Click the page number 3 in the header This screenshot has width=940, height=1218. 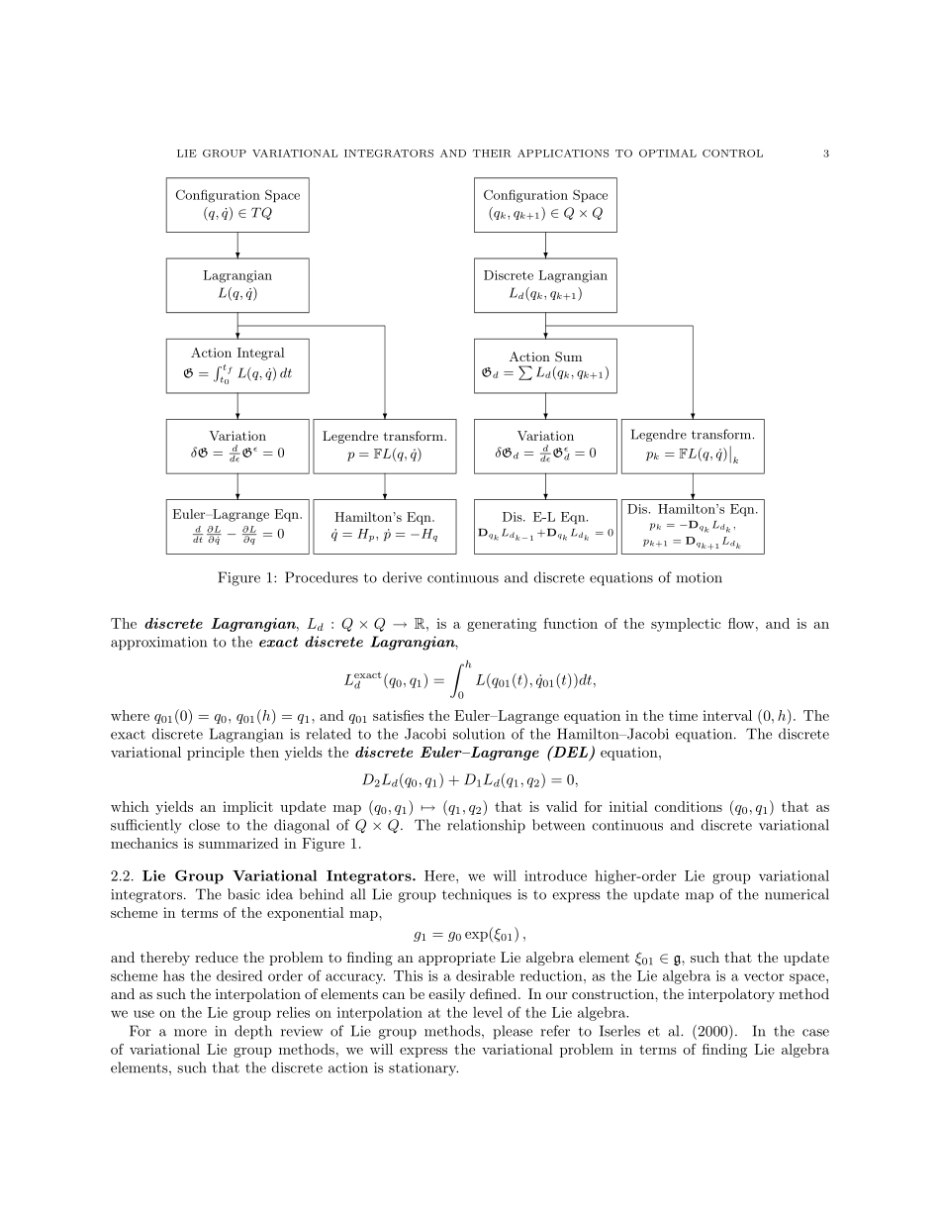pyautogui.click(x=825, y=153)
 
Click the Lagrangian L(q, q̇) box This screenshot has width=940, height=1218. pyautogui.click(x=237, y=285)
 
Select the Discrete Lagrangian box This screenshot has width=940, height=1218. pyautogui.click(x=545, y=285)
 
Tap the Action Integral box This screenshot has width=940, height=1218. pyautogui.click(x=237, y=365)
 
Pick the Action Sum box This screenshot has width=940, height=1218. pyautogui.click(x=545, y=365)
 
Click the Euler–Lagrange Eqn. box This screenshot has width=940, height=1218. pyautogui.click(x=237, y=527)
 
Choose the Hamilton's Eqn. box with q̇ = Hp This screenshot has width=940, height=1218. pyautogui.click(x=385, y=527)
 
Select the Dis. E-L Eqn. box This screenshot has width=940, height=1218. pyautogui.click(x=545, y=527)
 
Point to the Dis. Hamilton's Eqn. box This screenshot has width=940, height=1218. pyautogui.click(x=693, y=527)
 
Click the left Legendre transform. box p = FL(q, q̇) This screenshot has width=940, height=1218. pyautogui.click(x=385, y=446)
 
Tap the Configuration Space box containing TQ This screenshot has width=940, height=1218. pyautogui.click(x=237, y=205)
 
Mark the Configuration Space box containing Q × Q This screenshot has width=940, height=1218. pyautogui.click(x=545, y=205)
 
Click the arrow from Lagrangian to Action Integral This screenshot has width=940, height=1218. pyautogui.click(x=237, y=326)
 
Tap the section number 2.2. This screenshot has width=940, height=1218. pyautogui.click(x=124, y=876)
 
